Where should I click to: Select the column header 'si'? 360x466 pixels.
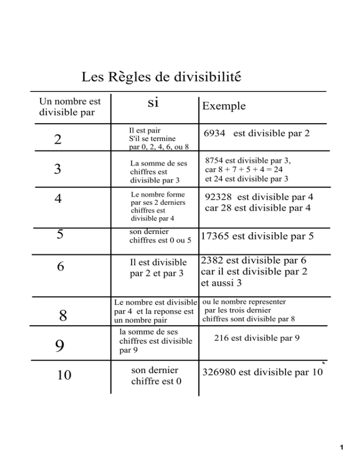pos(152,103)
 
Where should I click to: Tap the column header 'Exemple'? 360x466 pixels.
pos(224,106)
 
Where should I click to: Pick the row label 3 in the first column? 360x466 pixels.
pos(57,169)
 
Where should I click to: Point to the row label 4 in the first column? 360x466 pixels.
pos(58,199)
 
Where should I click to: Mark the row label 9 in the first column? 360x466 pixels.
pos(59,346)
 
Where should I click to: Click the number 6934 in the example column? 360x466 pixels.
pos(216,134)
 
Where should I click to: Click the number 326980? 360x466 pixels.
pos(219,373)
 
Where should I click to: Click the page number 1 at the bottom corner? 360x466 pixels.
pos(344,448)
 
